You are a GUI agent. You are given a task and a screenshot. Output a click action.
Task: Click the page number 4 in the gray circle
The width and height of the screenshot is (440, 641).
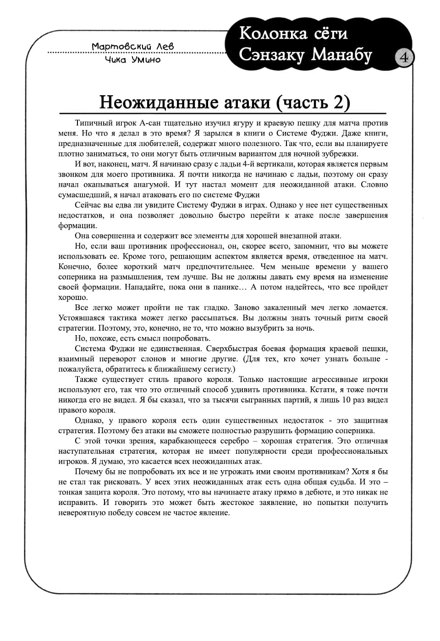coord(404,58)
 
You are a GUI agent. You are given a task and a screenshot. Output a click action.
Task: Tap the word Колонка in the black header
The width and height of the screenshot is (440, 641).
coord(273,33)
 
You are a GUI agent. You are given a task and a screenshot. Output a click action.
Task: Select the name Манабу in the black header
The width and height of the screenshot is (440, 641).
coord(341,54)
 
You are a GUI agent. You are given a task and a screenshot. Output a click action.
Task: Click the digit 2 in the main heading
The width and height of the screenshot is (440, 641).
coord(339,102)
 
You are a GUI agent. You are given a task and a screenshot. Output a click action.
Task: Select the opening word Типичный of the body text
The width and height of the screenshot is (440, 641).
coord(92,123)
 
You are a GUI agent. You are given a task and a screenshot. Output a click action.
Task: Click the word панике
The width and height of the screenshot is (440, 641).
coord(224,287)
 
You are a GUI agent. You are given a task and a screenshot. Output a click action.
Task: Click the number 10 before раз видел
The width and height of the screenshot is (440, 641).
coord(346,400)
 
